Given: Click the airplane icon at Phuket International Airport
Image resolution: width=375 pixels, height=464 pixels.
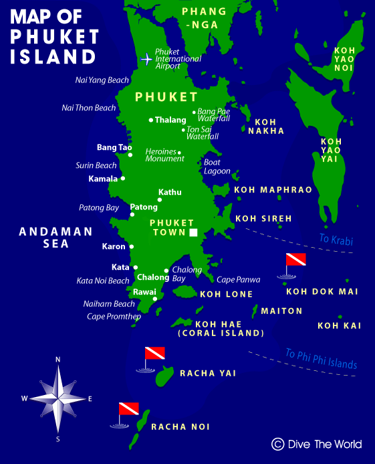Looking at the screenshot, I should pos(146,59).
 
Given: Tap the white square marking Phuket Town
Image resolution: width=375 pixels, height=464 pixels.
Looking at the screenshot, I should pos(194,232).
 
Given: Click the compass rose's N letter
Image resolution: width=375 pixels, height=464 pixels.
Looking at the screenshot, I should pos(58,360).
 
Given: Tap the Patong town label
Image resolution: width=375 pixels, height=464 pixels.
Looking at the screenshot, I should pos(144,207).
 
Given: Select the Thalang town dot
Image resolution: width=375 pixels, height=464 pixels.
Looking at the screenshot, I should pos(151,121).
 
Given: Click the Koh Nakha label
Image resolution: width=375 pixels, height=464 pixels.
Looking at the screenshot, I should pos(266,127).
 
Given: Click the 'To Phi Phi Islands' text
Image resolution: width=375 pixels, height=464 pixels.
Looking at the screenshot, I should pos(322,359).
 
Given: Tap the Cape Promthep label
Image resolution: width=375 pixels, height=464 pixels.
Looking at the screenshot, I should pos(114,317).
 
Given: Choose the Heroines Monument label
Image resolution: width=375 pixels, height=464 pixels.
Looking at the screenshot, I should pos(164,155).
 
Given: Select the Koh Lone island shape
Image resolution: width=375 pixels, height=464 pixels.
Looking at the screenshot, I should pos(182,291).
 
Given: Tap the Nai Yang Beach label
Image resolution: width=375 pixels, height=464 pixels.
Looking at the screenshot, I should pos(102,80).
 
